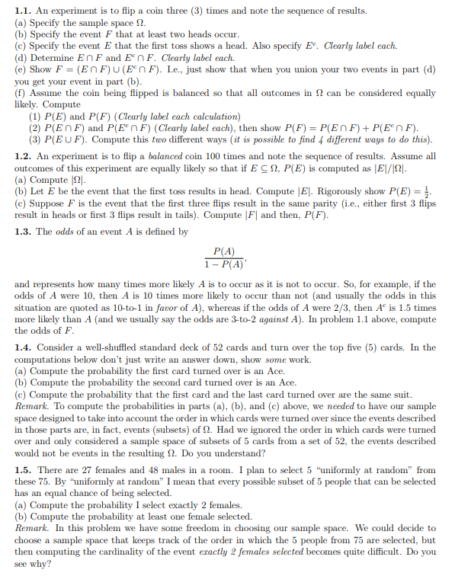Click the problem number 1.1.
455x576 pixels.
[24, 11]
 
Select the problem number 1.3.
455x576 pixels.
[24, 232]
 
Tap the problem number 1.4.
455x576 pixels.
[24, 347]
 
